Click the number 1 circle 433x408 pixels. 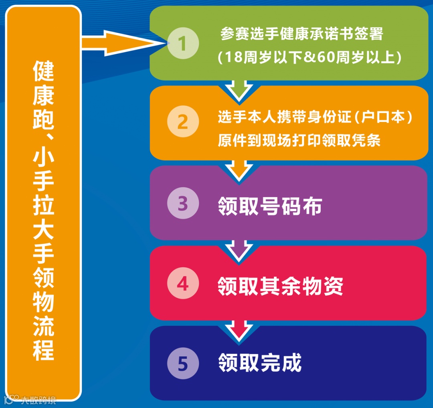pos(183,44)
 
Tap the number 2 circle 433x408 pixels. pos(183,122)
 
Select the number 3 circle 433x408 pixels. pos(183,204)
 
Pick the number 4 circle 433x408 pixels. pos(183,284)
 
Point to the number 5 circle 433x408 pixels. pos(183,364)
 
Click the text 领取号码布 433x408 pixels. pos(270,206)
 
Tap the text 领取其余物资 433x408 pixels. pos(280,286)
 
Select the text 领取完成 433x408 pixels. pos(259,363)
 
